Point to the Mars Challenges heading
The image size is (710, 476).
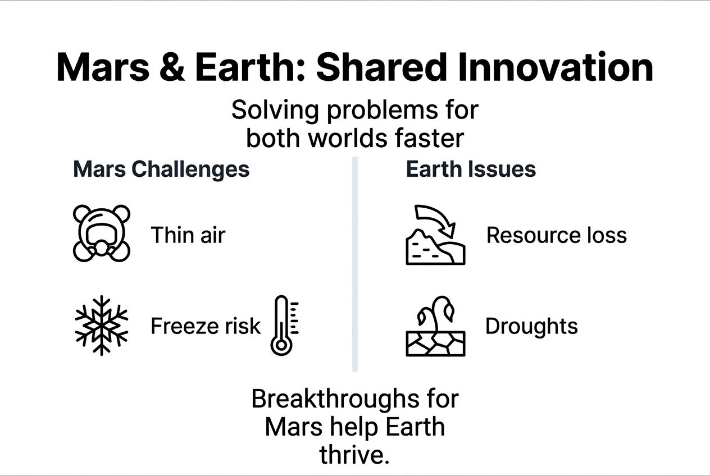tap(161, 169)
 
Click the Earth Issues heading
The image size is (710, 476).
tap(471, 169)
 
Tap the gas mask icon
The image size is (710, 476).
tap(102, 233)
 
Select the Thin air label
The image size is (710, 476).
tap(188, 235)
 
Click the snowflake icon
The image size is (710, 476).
tap(102, 325)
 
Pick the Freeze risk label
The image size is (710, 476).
tap(206, 326)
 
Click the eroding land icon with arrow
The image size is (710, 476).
tap(435, 235)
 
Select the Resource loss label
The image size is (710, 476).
tap(556, 235)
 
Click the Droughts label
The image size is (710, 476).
tap(531, 326)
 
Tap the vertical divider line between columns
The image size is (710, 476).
tap(355, 264)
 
